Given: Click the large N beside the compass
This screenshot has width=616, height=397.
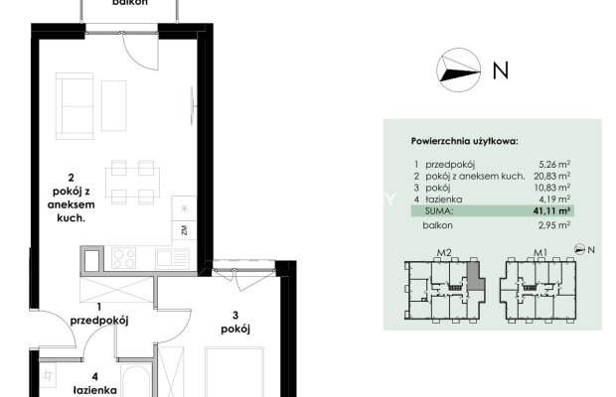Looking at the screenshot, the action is coord(501,70).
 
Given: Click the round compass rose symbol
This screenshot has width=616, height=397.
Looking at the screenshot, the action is coord(458,70).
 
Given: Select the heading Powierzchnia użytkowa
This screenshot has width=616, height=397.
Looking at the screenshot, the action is coord(464,141).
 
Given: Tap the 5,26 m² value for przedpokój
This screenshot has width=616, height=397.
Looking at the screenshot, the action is coord(554,165).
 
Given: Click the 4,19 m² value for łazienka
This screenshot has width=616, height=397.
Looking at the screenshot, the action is coord(554,198).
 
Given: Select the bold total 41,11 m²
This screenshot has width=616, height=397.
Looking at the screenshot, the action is coord(551,210).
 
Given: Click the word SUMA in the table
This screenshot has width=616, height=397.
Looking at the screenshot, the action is coord(439,211).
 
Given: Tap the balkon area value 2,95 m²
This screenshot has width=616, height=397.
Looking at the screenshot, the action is coord(554,225).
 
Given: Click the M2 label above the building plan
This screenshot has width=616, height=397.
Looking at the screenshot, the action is coord(444,253).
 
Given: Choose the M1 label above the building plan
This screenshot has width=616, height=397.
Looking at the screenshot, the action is coord(540,253).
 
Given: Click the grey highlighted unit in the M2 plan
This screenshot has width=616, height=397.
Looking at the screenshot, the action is coord(475,277).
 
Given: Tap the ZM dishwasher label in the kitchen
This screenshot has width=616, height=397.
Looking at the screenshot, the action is coord(184,230).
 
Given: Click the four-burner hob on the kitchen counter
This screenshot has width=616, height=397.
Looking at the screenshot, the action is coord(124,258).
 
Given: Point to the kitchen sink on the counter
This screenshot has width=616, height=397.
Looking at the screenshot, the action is coord(172,258).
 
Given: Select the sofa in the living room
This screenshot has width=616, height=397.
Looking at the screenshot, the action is coord(75,106).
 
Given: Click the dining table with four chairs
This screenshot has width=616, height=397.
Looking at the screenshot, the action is coord(132,182).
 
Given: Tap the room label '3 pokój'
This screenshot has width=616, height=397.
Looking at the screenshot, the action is coord(235,323).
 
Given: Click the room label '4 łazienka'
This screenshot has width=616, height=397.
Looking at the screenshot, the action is coord(95,384).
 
